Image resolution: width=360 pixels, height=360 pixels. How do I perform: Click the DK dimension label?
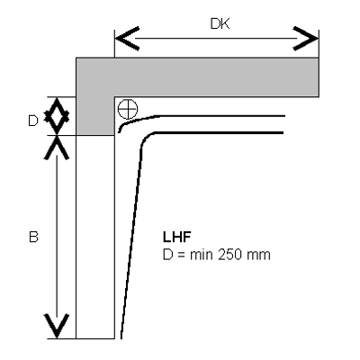[x=220, y=23]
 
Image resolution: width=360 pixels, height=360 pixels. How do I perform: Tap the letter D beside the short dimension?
[x=33, y=121]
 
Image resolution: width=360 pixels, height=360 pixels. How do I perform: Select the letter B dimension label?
[x=33, y=237]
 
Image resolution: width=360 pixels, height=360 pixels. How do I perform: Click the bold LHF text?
[x=177, y=237]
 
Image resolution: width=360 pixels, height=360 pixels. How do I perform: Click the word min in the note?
[x=202, y=255]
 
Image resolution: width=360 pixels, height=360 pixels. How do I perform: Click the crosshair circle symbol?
[x=128, y=109]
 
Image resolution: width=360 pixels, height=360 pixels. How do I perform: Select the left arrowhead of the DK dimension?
[x=127, y=39]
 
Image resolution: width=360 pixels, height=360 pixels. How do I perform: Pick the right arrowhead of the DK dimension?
[x=305, y=39]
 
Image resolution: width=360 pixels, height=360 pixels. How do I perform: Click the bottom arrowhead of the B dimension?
[x=57, y=327]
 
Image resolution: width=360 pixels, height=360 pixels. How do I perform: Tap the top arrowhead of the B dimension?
[x=57, y=148]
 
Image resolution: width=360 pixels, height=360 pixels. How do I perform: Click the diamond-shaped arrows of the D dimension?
[x=57, y=116]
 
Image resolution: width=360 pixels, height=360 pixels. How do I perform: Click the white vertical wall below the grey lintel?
[x=95, y=237]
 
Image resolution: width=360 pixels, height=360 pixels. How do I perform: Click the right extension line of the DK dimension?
[x=319, y=44]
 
